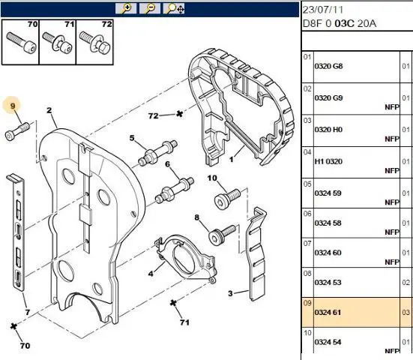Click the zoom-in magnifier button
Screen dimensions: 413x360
coord(126,8)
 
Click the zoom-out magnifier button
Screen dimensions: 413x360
coord(150,8)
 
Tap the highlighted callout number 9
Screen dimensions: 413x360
coord(13,106)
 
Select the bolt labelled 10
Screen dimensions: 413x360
coord(227,199)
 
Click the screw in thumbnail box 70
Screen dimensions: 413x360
coord(21,43)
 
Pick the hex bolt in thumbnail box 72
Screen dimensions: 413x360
coord(94,42)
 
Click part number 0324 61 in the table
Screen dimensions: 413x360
coord(328,313)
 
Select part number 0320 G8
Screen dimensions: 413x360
coord(328,66)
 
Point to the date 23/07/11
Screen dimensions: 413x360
coord(323,10)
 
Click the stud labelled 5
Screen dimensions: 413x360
coord(157,153)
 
